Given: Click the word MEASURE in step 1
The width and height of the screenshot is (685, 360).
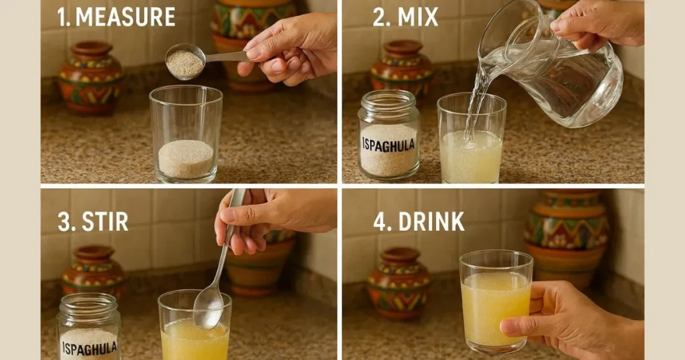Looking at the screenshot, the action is tap(125, 17).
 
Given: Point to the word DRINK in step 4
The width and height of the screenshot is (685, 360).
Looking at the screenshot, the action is tap(431, 222).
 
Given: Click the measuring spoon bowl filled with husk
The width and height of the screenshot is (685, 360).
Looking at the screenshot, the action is tap(185, 62).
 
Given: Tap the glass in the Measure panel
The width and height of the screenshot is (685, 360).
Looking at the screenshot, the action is tap(186, 134).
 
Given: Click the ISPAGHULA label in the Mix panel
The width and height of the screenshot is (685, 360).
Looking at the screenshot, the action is tap(389, 145).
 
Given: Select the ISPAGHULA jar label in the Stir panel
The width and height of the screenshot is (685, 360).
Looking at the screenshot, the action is tap(89, 348).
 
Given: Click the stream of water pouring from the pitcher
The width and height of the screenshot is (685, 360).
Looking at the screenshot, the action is tap(476, 102).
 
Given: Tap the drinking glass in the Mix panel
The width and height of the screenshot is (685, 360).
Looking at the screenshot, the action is tap(472, 138).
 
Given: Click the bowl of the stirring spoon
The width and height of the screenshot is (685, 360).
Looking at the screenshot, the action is tap(209, 306).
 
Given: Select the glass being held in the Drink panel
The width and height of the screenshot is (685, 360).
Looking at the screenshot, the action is tap(496, 302).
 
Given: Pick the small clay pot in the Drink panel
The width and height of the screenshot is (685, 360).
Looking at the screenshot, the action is tap(400, 283).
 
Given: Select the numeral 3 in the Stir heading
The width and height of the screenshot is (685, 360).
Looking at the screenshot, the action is tap(64, 222).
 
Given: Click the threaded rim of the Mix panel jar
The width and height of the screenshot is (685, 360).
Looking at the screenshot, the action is tap(389, 99).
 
